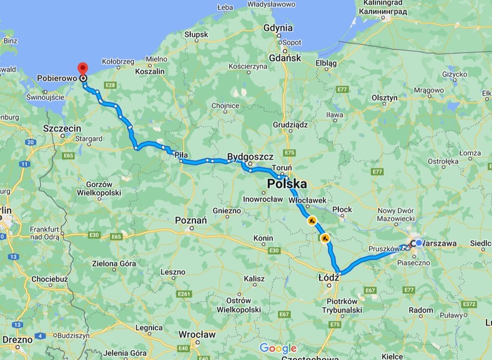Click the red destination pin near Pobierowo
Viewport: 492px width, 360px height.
(82, 70)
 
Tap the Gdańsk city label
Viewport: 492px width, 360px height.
(285, 57)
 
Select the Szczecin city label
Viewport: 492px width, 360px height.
(62, 127)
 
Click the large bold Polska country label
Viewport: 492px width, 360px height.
(287, 184)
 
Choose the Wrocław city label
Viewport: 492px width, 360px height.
(196, 334)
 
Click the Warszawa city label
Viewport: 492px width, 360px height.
(445, 243)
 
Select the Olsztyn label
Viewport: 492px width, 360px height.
(384, 98)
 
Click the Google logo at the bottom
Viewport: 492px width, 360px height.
(278, 348)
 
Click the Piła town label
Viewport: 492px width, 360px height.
(181, 154)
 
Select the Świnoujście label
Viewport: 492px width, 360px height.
(46, 97)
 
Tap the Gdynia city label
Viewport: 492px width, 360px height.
(278, 27)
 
